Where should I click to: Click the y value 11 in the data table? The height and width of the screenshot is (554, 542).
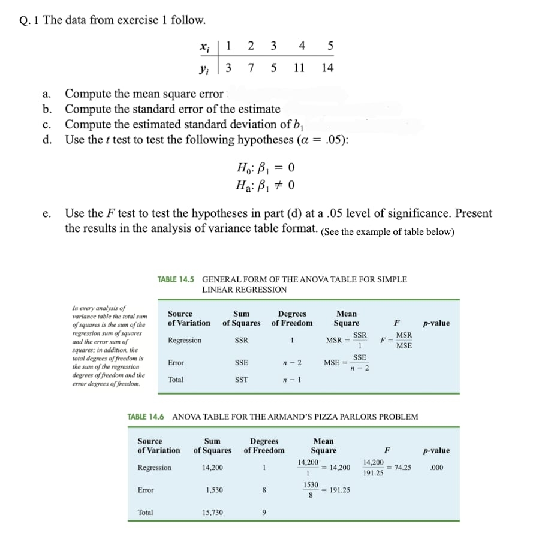click(x=299, y=67)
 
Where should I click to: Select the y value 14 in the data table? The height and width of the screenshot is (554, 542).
click(x=327, y=67)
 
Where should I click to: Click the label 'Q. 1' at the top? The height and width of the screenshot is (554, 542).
click(x=29, y=20)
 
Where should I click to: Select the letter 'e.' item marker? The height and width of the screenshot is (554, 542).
click(x=47, y=213)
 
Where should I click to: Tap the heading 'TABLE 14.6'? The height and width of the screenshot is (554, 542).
click(x=147, y=416)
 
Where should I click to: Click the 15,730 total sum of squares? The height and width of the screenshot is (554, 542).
click(x=214, y=513)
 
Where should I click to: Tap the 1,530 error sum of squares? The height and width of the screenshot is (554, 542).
click(x=214, y=490)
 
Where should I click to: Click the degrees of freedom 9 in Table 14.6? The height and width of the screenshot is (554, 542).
click(x=264, y=513)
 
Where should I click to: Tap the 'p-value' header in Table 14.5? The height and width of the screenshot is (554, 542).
click(x=436, y=323)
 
